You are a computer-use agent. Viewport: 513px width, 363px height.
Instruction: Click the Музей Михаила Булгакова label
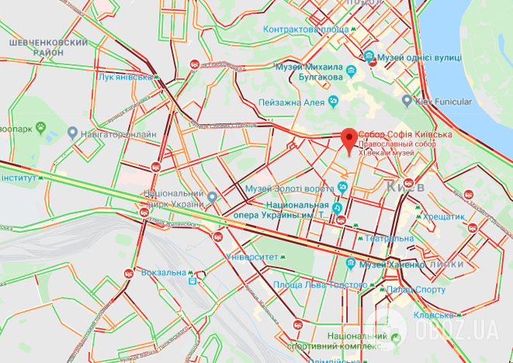(310, 71)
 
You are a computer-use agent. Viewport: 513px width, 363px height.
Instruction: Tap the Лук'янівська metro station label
(124, 77)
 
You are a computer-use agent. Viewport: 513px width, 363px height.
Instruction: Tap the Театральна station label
(390, 238)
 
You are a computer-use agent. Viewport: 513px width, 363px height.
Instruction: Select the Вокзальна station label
(164, 273)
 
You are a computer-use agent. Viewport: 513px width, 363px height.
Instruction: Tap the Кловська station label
(433, 315)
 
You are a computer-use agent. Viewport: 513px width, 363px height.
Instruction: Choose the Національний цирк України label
(173, 198)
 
